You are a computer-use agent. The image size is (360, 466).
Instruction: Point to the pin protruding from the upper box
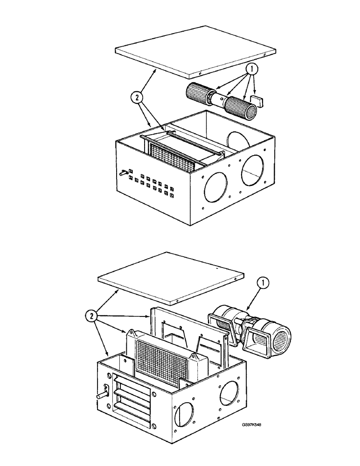click(124, 174)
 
